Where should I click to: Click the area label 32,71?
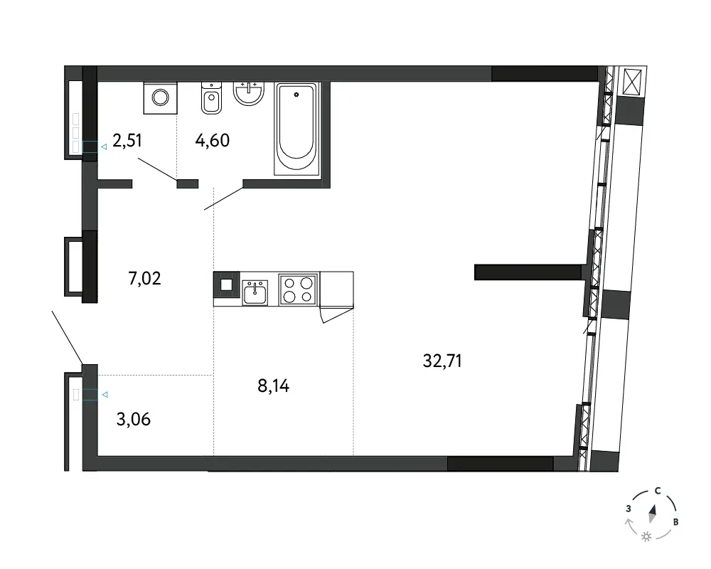pos(442,361)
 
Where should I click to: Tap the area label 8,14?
pos(274,385)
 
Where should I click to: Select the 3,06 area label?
pos(134,419)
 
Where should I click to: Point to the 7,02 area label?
pos(144,278)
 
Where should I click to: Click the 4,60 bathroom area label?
pos(212,141)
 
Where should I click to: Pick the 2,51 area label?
pos(127,141)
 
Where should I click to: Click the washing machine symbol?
pos(161,97)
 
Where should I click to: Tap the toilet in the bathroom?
pos(211,97)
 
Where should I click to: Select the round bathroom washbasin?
pos(248,93)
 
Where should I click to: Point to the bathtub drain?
pos(296,95)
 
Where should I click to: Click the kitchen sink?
pos(255,292)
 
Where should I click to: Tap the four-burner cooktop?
pos(298,289)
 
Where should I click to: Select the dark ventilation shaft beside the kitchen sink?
pos(226,284)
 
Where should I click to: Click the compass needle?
pos(653,514)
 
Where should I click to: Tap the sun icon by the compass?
pos(646,537)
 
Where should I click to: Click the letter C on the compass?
pos(658,491)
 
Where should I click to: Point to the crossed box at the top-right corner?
pos(632,82)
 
